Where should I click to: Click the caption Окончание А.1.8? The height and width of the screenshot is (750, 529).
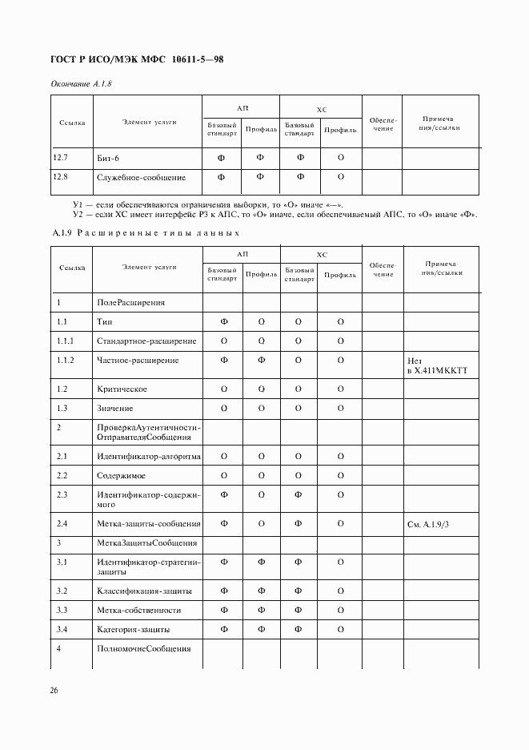pyautogui.click(x=79, y=84)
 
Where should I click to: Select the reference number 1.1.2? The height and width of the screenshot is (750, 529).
pyautogui.click(x=66, y=361)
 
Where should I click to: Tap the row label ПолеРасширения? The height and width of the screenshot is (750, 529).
pyautogui.click(x=130, y=303)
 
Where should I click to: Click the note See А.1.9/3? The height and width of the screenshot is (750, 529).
pyautogui.click(x=432, y=524)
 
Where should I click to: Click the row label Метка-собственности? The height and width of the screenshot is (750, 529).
pyautogui.click(x=138, y=611)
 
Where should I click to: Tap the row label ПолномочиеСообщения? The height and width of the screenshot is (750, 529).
pyautogui.click(x=143, y=648)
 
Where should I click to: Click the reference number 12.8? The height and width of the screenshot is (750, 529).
pyautogui.click(x=61, y=177)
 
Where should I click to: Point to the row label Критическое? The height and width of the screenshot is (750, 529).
pyautogui.click(x=122, y=389)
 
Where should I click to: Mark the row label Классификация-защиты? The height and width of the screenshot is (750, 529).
pyautogui.click(x=144, y=591)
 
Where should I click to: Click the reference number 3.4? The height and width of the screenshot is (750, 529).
pyautogui.click(x=62, y=630)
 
